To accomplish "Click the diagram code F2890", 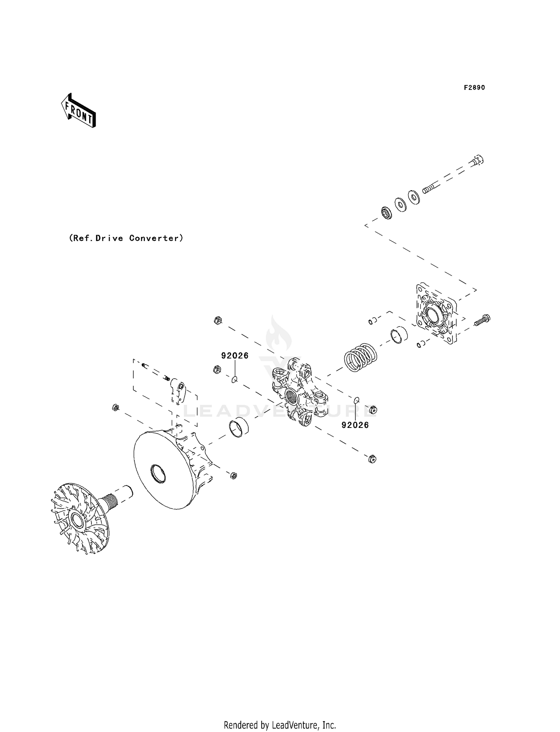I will point(474,88).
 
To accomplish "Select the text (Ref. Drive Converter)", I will point(126,238).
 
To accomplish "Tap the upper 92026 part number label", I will point(234,356).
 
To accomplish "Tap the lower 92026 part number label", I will point(355,425).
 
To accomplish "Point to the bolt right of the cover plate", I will point(482,320).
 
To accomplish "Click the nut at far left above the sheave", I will point(115,408).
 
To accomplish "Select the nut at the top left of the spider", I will point(218,320).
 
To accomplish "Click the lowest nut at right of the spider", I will point(372,459).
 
